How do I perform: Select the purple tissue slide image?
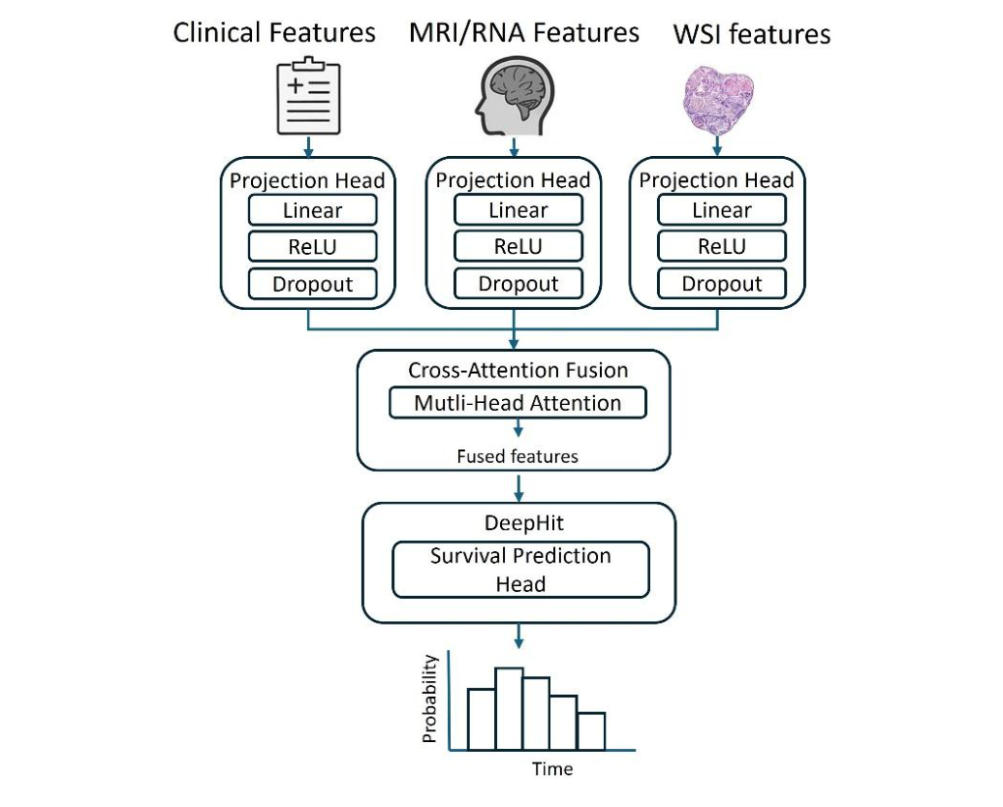718,96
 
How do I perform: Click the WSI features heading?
751,35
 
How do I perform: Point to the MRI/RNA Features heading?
524,33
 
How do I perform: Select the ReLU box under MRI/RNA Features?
518,247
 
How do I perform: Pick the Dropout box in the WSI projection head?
722,284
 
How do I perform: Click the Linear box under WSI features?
722,210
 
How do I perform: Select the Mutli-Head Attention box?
517,403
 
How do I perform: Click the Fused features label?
517,456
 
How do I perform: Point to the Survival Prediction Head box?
520,571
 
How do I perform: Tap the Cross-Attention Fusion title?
517,370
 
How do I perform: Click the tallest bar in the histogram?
509,709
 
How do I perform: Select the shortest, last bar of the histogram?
590,731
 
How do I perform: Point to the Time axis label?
551,769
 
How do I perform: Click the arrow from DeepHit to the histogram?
520,635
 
